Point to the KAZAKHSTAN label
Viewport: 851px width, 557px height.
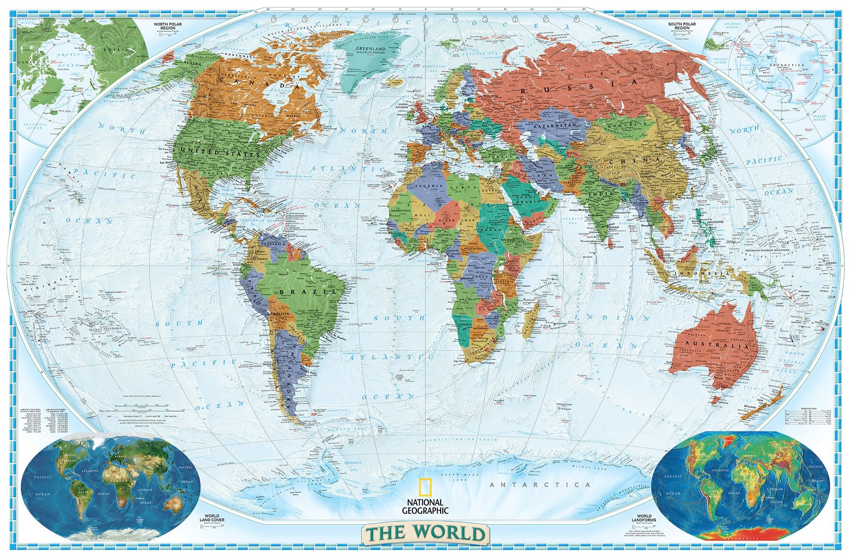pyautogui.click(x=555, y=125)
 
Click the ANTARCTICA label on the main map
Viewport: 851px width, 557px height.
pyautogui.click(x=540, y=485)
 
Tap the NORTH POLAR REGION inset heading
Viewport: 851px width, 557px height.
pyautogui.click(x=168, y=26)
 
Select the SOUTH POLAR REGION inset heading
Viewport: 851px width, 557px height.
pyautogui.click(x=682, y=26)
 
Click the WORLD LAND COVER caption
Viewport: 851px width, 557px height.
pyautogui.click(x=212, y=518)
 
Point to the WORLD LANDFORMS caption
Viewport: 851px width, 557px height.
pyautogui.click(x=644, y=518)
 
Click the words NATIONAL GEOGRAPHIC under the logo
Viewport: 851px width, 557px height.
pyautogui.click(x=425, y=507)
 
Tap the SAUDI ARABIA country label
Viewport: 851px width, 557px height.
pyautogui.click(x=527, y=200)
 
